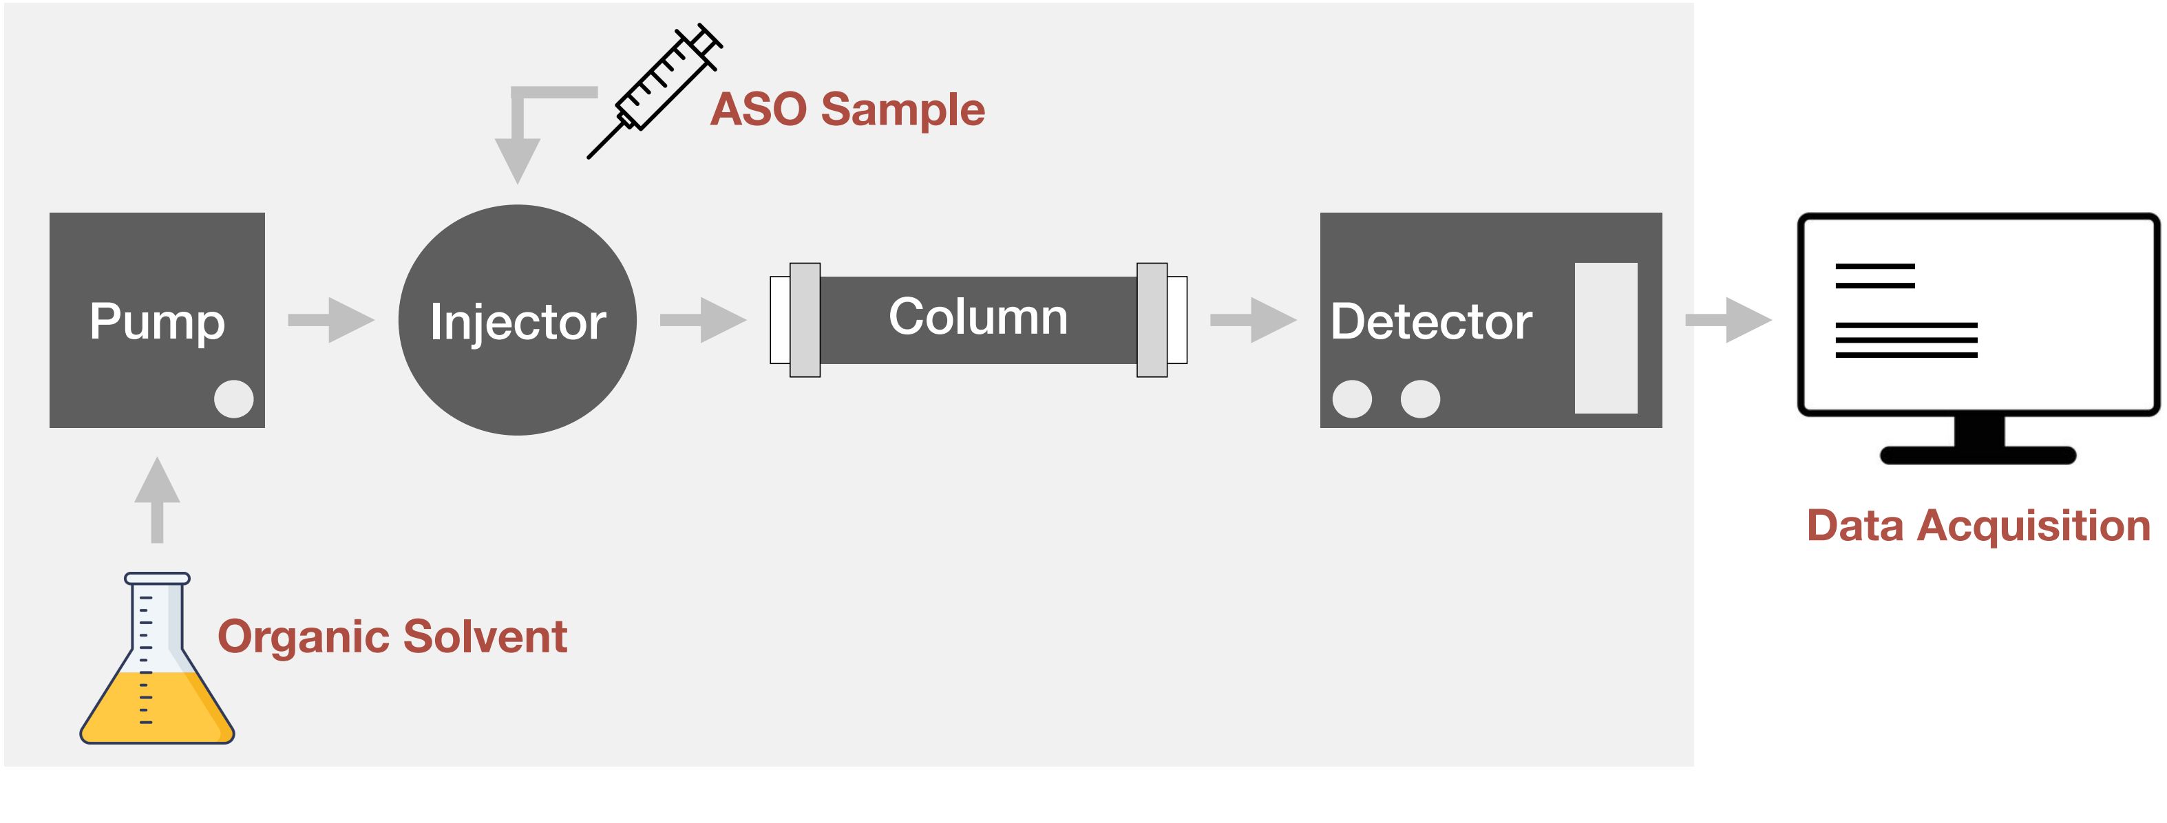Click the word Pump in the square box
[x=158, y=323]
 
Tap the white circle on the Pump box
[x=234, y=398]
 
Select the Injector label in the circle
[x=518, y=323]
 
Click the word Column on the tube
[x=978, y=317]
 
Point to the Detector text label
[x=1431, y=321]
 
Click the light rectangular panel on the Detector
[x=1606, y=338]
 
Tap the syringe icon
[x=655, y=91]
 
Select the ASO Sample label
[x=847, y=109]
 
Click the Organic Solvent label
[x=392, y=637]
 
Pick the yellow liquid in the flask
[x=158, y=708]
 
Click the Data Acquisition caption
[x=1978, y=527]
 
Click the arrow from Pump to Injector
[x=331, y=319]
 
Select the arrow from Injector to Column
[x=704, y=319]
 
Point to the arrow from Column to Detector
[x=1254, y=319]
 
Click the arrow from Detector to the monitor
[x=1729, y=319]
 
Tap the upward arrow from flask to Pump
[x=158, y=500]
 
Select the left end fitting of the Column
[x=795, y=320]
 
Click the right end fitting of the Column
[x=1162, y=320]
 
